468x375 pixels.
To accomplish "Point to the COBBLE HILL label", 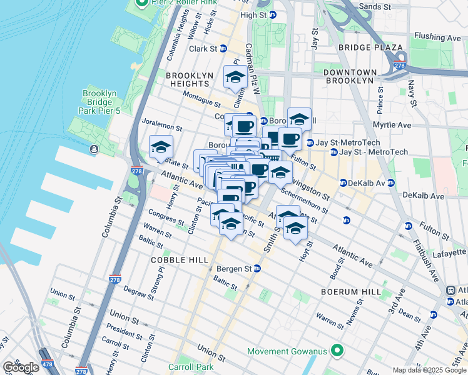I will [166, 259].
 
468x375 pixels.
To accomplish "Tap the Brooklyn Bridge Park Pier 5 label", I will [99, 102].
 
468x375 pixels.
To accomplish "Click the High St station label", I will [253, 15].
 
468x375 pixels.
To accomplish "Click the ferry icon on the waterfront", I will [94, 149].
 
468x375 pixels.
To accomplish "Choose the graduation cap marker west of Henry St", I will [161, 147].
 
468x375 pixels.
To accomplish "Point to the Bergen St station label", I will [234, 269].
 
